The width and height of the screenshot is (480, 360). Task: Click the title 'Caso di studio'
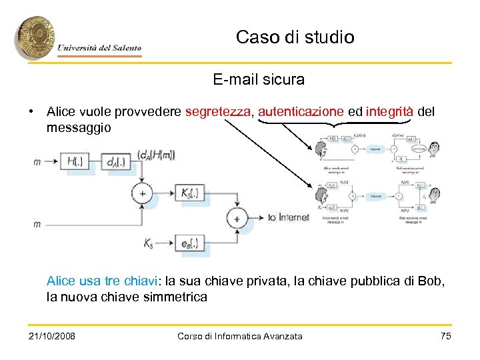295,37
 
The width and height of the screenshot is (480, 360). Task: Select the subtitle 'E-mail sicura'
259,80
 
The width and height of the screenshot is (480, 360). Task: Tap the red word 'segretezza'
219,111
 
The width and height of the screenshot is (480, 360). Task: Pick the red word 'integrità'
390,111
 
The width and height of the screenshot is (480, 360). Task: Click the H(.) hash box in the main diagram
79,161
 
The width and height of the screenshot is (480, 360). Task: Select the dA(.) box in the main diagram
115,161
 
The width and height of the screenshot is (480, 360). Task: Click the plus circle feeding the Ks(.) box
141,193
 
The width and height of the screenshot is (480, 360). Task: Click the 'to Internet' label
289,218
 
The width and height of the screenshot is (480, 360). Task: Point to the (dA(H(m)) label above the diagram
156,155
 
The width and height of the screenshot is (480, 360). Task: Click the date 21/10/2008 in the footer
52,336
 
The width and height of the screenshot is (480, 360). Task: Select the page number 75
446,336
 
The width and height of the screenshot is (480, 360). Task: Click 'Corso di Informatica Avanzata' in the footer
240,336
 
